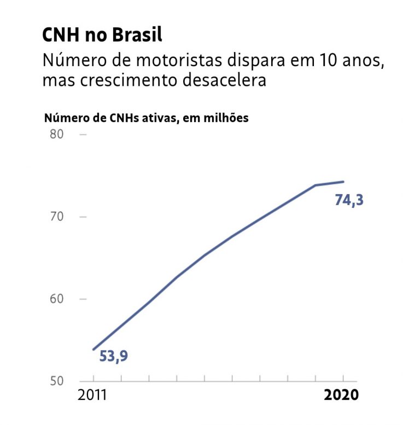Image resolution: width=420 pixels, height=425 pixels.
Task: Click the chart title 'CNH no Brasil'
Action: [102, 36]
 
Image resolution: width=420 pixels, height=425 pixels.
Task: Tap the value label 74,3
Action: [349, 201]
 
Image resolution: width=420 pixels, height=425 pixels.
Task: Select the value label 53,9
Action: [114, 357]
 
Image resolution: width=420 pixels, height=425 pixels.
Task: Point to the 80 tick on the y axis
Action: [57, 134]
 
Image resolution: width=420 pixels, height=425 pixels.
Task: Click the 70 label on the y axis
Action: [57, 217]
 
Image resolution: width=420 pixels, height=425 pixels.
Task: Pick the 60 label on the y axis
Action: [57, 299]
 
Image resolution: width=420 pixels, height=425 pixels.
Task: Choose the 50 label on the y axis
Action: [57, 381]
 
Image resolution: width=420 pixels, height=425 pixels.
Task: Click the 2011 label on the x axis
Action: [94, 395]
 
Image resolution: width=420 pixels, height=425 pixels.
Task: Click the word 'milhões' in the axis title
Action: [227, 118]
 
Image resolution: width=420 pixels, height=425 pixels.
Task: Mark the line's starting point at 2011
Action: [94, 349]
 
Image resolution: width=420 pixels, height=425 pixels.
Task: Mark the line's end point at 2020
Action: [343, 182]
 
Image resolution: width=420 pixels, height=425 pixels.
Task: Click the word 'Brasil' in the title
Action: [137, 36]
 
